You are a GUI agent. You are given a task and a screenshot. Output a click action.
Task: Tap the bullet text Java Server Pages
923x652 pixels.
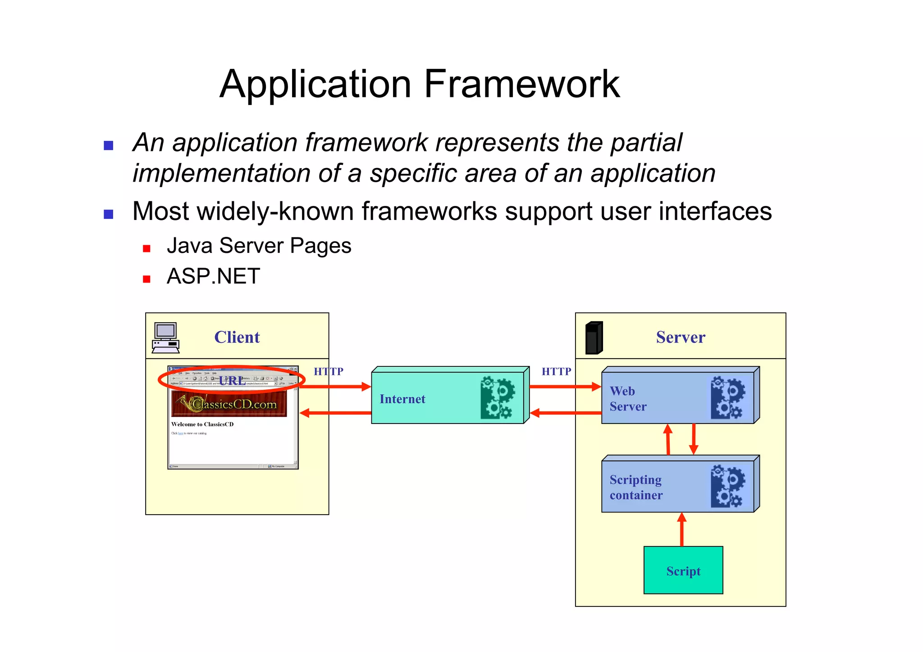259,246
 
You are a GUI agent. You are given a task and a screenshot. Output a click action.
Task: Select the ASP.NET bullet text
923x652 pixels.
213,276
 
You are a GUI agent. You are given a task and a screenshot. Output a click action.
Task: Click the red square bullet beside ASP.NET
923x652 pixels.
146,279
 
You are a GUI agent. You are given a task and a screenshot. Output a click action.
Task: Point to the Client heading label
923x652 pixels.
237,337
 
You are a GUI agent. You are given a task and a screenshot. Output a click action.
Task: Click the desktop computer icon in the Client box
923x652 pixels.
165,337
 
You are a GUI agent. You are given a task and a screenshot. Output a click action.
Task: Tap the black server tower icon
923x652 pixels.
594,337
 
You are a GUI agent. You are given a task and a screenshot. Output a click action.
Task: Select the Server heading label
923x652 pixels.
680,337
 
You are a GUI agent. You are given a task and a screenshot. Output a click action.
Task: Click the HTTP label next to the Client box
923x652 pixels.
329,371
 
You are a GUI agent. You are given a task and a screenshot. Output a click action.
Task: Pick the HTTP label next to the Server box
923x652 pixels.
556,371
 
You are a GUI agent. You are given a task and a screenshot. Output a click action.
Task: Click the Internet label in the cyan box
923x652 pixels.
402,399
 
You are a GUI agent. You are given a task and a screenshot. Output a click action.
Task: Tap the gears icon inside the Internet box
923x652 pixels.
497,397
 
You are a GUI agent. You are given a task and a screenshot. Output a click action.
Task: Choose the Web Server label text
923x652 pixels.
627,399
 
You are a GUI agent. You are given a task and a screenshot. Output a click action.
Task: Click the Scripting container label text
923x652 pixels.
635,487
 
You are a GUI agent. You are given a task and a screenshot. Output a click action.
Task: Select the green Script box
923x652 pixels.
683,570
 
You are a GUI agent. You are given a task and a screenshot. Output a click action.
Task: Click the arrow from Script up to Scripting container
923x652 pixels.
682,529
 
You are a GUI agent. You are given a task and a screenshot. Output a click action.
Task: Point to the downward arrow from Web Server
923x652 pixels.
694,439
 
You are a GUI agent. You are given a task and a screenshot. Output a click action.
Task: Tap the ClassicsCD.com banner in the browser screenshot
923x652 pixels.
229,404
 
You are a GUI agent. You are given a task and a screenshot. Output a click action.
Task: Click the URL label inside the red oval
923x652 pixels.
232,381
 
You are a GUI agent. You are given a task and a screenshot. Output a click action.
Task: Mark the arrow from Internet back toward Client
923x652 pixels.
335,413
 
